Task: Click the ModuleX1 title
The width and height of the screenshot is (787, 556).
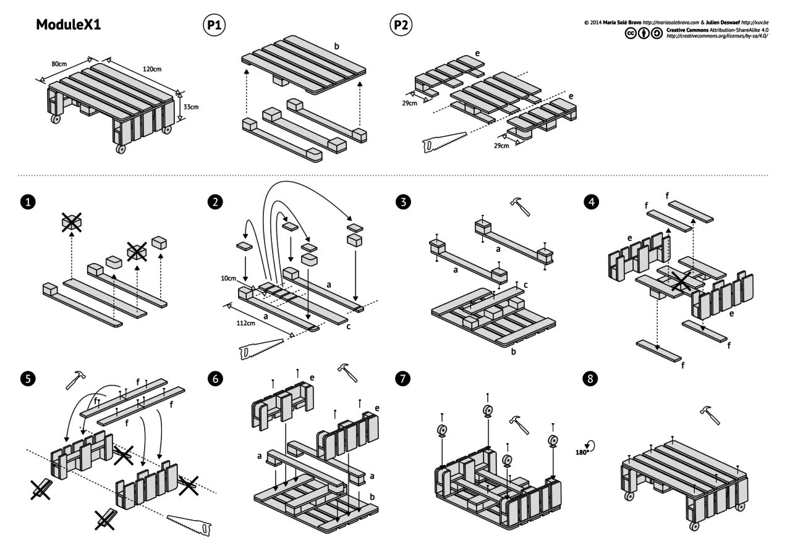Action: tap(69, 25)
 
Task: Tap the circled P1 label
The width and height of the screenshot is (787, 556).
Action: tap(214, 25)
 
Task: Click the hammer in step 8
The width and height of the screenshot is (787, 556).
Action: tap(710, 415)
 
